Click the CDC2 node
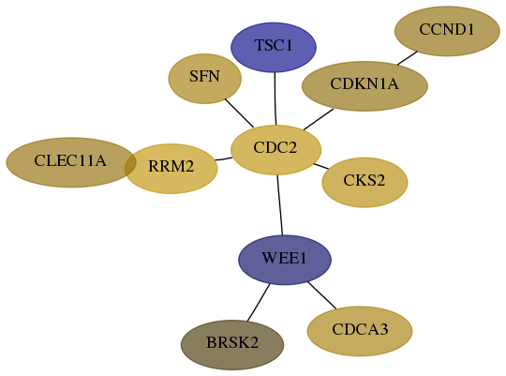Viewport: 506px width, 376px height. pyautogui.click(x=275, y=150)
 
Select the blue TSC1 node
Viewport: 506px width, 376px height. pyautogui.click(x=274, y=47)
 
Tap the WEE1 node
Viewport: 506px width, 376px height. pyautogui.click(x=285, y=260)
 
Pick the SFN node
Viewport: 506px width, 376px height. pyautogui.click(x=205, y=79)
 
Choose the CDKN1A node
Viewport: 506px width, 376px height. pyautogui.click(x=365, y=86)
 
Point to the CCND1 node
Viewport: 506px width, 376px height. pyautogui.click(x=447, y=31)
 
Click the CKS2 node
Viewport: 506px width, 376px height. pyautogui.click(x=365, y=183)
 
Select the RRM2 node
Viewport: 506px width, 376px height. pyautogui.click(x=171, y=169)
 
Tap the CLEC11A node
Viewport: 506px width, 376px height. pyautogui.click(x=70, y=162)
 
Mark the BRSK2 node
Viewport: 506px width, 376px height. pyautogui.click(x=232, y=345)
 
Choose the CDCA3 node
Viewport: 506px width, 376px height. pyautogui.click(x=360, y=331)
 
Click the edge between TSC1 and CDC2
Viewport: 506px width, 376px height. pyautogui.click(x=275, y=98)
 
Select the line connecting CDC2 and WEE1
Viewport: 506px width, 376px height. pyautogui.click(x=280, y=205)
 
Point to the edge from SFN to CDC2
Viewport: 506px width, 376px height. pyautogui.click(x=239, y=113)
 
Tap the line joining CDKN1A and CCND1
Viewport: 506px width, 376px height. pyautogui.click(x=408, y=58)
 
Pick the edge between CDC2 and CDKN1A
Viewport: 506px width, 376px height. pyautogui.click(x=319, y=119)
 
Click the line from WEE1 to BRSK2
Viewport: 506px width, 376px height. pyautogui.click(x=259, y=303)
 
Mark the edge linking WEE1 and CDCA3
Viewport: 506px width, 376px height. pyautogui.click(x=321, y=295)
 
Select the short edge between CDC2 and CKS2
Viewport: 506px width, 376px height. pyautogui.click(x=321, y=166)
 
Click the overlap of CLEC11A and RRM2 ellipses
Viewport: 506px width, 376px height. pyautogui.click(x=130, y=165)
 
